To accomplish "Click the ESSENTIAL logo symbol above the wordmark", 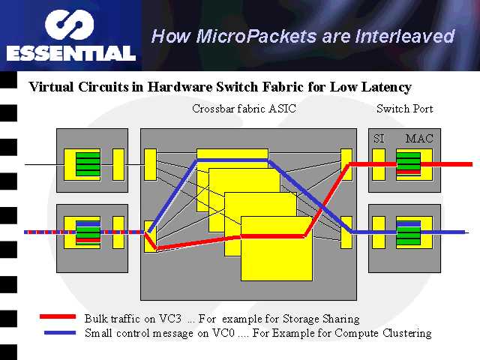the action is coord(69,25).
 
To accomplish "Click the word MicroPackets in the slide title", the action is coord(256,36).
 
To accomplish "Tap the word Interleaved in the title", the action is coord(405,36).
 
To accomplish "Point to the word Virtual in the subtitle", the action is coord(52,87).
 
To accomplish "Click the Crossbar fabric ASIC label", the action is coord(244,109).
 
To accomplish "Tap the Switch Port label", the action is coord(405,109).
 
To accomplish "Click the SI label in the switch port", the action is coord(379,139).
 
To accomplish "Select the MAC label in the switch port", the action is coord(419,139).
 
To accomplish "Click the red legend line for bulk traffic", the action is coord(58,316).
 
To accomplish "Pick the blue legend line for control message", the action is coord(60,332).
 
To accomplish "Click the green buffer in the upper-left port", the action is coord(88,164).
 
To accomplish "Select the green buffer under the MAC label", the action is coord(408,163).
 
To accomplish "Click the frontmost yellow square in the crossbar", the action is coord(277,248).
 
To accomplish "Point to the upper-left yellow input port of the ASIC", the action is coord(150,164).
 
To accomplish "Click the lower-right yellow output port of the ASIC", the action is coord(346,232).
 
